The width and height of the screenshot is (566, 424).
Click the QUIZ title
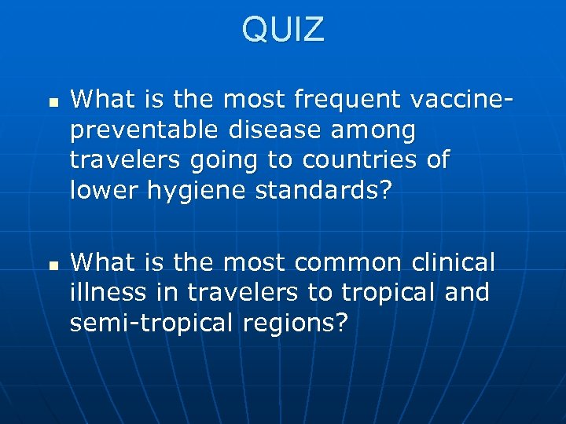coord(283,30)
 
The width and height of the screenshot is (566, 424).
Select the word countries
coord(358,159)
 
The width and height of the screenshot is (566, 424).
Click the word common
coord(351,261)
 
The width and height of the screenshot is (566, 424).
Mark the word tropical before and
coord(387,293)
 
